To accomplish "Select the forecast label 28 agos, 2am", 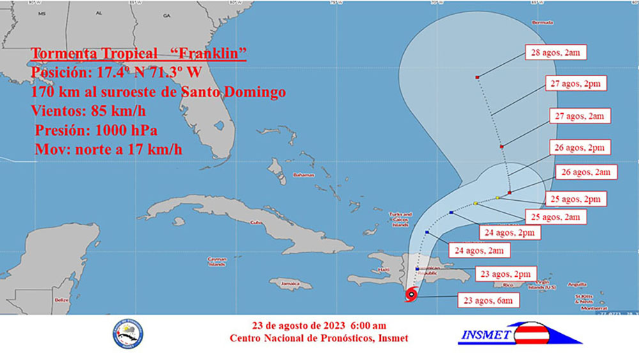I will (x=555, y=52).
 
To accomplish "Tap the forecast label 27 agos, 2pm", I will (x=576, y=84).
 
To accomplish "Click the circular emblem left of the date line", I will (x=128, y=334).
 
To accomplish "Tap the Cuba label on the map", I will (x=256, y=223).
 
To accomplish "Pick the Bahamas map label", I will (x=304, y=175).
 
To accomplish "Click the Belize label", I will (x=61, y=299).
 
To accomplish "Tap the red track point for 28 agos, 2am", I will (x=477, y=77).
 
